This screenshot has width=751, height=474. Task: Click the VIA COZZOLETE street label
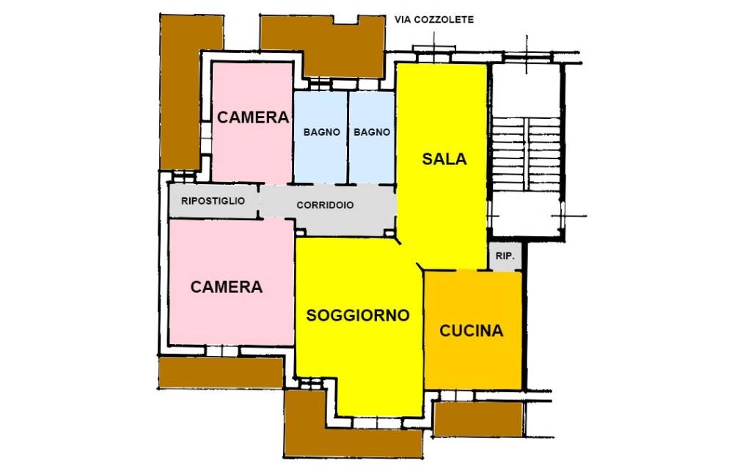tap(434, 20)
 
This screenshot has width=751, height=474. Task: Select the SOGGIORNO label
tap(357, 316)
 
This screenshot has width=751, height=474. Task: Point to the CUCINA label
tap(472, 331)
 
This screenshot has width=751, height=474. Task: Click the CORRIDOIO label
tap(325, 205)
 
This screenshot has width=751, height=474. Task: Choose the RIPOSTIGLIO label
tap(213, 200)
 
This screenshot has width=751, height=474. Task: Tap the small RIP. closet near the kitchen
tap(505, 257)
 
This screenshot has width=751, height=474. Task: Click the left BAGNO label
tap(321, 133)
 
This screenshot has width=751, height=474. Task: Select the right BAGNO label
tap(372, 133)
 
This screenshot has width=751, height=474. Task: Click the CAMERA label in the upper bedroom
tap(252, 117)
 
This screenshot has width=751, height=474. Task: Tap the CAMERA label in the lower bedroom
tap(226, 287)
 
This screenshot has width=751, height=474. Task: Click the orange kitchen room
tap(473, 360)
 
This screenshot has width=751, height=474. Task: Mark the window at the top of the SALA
tap(434, 50)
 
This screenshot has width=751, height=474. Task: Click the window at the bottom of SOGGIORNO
tap(376, 421)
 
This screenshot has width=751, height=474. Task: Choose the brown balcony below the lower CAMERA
tap(220, 372)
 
